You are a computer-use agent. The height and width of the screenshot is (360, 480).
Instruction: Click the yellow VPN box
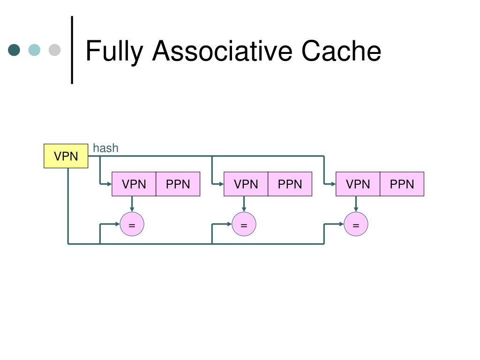66,156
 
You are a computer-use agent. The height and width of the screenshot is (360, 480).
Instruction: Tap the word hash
105,148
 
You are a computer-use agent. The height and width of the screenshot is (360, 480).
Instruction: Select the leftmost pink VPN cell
134,184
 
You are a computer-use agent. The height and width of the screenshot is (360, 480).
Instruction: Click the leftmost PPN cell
178,184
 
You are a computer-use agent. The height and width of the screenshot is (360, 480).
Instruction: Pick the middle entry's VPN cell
246,184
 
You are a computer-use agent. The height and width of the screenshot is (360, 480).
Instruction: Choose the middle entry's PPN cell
290,184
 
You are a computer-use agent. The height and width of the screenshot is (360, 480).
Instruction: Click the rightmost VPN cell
358,184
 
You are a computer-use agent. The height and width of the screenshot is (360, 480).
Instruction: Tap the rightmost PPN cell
402,184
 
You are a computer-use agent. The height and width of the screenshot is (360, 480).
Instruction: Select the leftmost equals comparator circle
132,224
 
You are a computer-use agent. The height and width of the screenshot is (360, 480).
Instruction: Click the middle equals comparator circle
244,224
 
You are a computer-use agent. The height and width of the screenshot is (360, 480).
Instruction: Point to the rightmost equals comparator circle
356,224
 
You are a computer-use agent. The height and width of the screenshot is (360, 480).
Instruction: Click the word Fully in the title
114,52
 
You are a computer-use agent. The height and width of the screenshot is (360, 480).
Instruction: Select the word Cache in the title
341,51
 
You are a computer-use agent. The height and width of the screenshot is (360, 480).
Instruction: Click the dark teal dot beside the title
14,50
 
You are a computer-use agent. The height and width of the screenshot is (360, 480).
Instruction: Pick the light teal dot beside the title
34,50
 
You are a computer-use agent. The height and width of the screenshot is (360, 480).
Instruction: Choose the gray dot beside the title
54,50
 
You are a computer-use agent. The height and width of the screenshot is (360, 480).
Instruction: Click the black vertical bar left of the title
72,50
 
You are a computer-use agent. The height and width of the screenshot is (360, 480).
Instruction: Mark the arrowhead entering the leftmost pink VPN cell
110,184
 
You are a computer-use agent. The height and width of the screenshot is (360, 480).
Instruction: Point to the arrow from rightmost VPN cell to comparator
356,204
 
